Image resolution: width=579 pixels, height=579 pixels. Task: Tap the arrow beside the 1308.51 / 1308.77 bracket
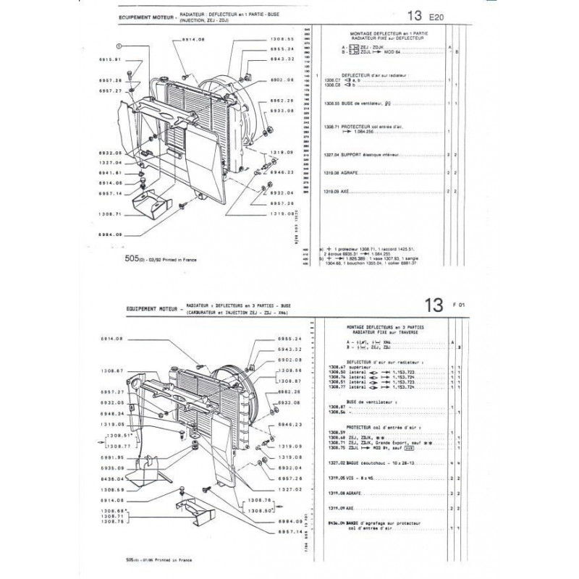96,441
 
